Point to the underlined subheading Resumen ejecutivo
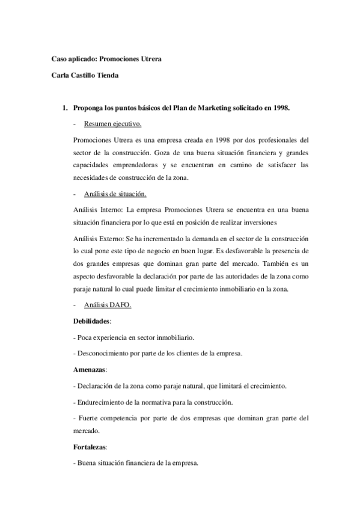pos(113,124)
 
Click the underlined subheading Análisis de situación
pos(115,194)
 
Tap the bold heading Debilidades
pos(91,321)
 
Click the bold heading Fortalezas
pos(89,447)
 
